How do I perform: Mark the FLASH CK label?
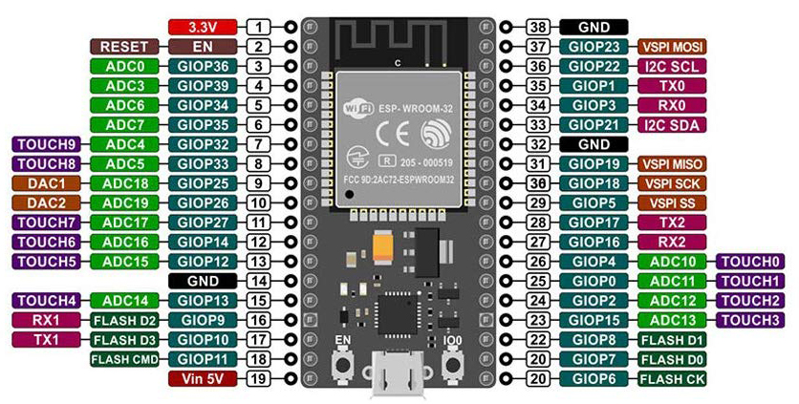tap(670, 378)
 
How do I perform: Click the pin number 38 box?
tap(538, 27)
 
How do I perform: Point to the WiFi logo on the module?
tap(356, 109)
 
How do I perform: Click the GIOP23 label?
tap(594, 47)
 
